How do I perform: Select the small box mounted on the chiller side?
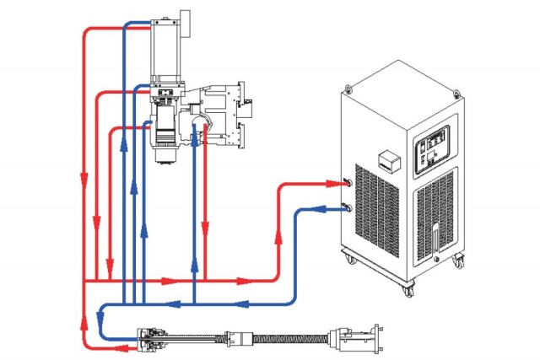[x=389, y=161]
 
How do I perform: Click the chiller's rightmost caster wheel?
[x=460, y=260]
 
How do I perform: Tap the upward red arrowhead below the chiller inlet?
[x=278, y=238]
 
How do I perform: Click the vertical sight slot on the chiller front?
[x=435, y=237]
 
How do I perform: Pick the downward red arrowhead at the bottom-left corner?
[x=84, y=323]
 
